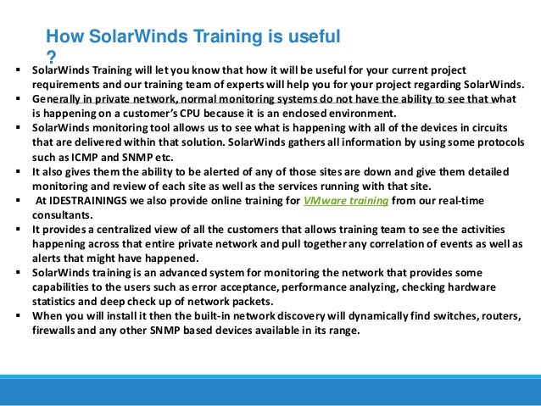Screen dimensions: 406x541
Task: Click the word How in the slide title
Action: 63,36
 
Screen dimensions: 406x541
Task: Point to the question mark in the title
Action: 50,56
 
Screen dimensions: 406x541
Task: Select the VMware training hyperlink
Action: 346,200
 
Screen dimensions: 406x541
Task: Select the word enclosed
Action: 338,113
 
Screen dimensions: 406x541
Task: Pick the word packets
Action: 246,302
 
